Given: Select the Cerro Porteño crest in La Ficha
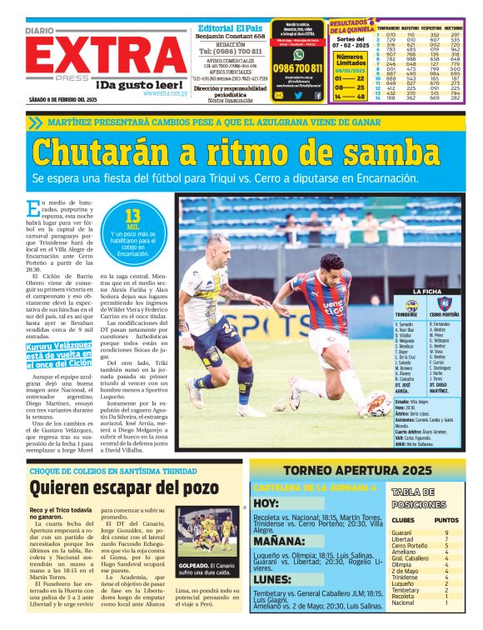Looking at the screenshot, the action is coord(444,304).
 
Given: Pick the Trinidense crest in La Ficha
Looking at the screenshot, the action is coord(412,304).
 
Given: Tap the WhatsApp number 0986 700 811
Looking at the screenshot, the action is coord(298,68).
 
